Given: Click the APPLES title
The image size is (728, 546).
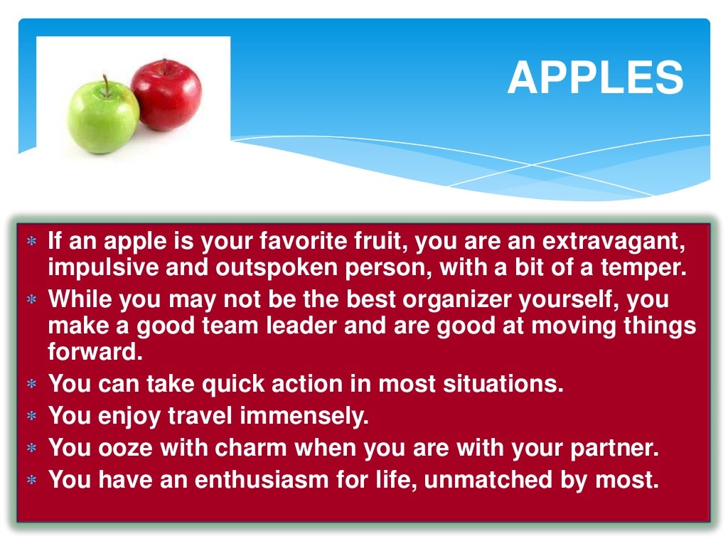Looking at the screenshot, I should pos(595,77).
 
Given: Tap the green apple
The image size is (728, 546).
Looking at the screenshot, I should pos(103,117).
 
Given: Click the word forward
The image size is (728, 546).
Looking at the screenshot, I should pos(92,351).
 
